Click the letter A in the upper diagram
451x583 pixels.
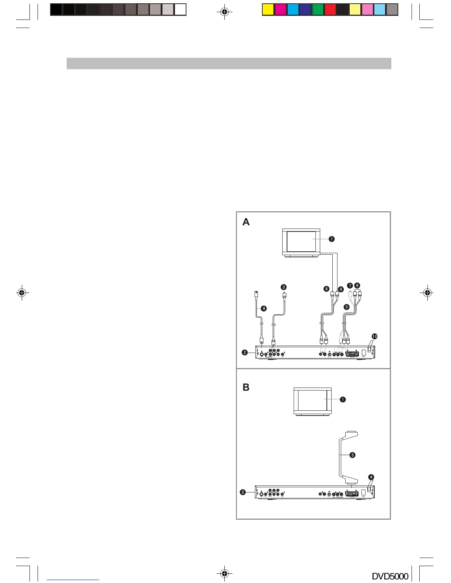(246, 222)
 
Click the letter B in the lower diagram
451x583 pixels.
(246, 387)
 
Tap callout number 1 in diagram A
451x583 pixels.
(332, 239)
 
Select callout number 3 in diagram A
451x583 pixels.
(283, 287)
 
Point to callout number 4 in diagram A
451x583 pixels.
(264, 308)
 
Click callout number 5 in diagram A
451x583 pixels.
(346, 307)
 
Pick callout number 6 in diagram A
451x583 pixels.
(357, 285)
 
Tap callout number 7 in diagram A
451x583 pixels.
(350, 286)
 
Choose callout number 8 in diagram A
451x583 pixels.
(326, 289)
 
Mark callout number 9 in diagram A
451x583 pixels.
(341, 289)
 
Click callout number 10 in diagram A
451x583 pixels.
(374, 336)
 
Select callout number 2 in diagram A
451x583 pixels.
(245, 352)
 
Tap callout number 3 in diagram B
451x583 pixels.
(353, 455)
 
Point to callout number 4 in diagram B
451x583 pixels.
(371, 477)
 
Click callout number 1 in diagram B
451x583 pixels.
(343, 399)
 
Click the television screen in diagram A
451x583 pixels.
(301, 241)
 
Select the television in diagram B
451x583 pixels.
(312, 401)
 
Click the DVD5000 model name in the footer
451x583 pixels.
(390, 576)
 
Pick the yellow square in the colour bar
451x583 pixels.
(268, 10)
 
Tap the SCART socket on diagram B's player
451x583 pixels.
(352, 494)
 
